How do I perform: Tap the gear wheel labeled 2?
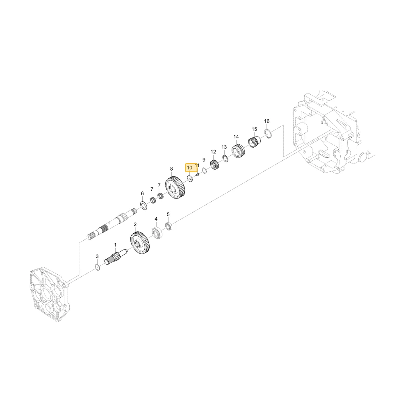[140, 243]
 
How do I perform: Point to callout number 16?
[267, 121]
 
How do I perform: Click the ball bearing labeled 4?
[157, 233]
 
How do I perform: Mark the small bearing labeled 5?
[169, 226]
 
